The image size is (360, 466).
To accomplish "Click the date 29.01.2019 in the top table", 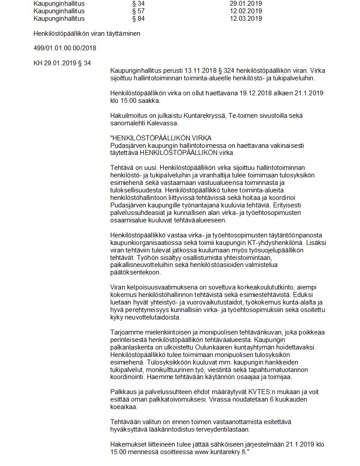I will pos(246,4).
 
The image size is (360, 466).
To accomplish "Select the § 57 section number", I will pos(138,11).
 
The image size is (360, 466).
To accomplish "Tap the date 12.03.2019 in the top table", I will pos(246,19).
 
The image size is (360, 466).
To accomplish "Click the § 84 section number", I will pos(138,19).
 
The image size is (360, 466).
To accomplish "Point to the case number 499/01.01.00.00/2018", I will pos(65,48).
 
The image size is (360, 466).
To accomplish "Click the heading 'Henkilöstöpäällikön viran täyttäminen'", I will pos(87,34).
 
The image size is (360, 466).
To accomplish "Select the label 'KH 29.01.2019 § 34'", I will pos(62,63).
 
